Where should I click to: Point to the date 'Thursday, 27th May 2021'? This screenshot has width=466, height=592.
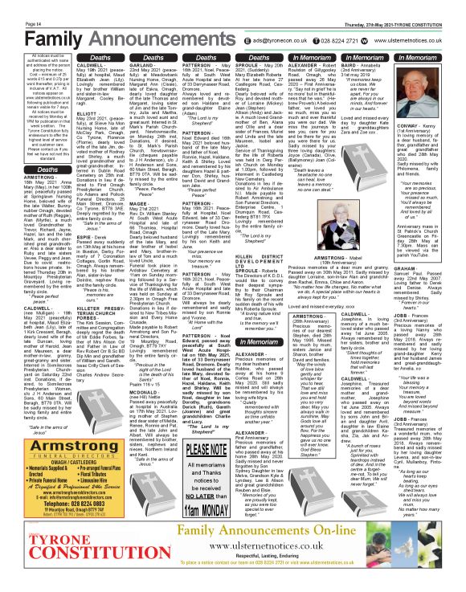(x=371, y=5)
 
